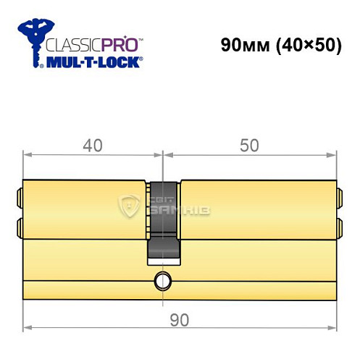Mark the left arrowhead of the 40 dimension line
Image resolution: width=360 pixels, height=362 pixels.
[x=27, y=154]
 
